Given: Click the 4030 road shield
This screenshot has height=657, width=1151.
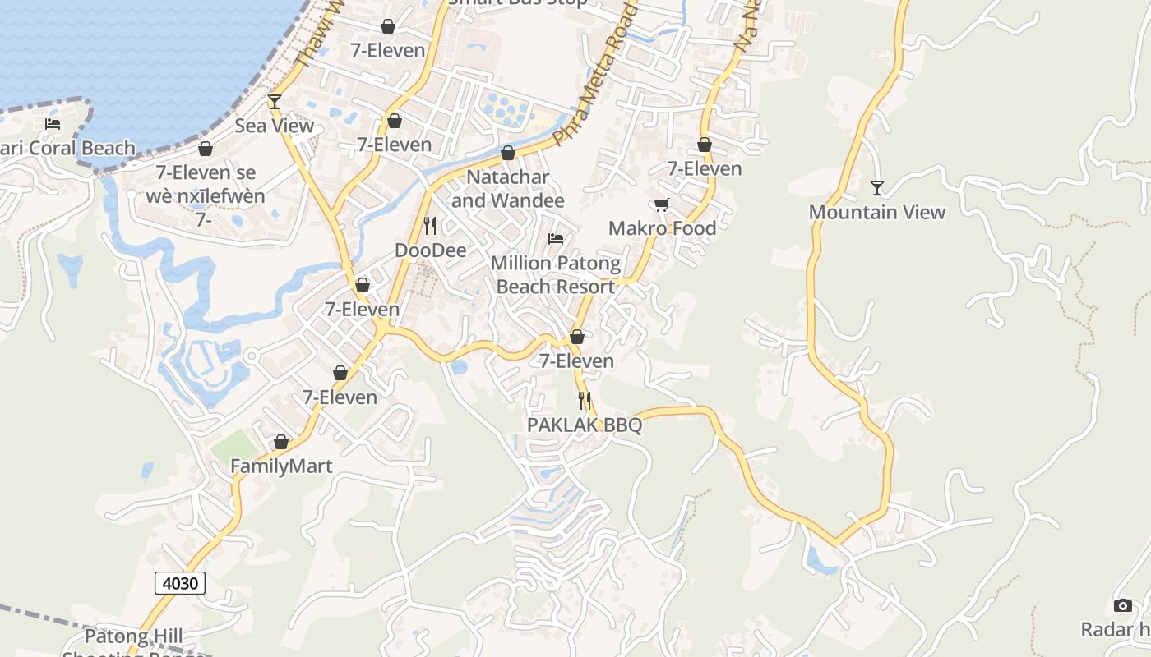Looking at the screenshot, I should click(180, 583).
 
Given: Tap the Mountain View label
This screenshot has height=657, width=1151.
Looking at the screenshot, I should click(877, 212).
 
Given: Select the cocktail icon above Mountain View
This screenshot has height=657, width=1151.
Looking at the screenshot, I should click(877, 188).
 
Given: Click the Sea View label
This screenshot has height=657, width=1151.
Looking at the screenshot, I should click(275, 126).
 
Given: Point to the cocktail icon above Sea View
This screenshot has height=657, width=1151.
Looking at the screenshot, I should click(275, 102).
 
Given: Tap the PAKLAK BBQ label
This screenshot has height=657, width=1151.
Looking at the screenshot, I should click(585, 425).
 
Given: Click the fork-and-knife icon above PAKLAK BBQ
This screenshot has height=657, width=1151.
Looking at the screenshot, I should click(585, 401).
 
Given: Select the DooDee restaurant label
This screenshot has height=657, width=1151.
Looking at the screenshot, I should click(431, 250).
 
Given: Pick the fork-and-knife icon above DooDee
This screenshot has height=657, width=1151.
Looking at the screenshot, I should click(430, 226).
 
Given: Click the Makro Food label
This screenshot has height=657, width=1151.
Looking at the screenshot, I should click(662, 228).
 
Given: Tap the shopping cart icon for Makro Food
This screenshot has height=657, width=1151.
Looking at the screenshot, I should click(662, 204).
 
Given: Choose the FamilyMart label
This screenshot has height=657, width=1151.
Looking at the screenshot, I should click(281, 466).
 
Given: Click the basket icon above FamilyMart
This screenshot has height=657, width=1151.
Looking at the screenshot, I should click(281, 443).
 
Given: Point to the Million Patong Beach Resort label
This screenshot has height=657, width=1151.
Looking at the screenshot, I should click(556, 274).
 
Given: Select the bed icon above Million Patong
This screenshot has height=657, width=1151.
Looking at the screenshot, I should click(556, 239).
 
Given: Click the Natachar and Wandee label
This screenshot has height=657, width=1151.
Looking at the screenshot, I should click(508, 189).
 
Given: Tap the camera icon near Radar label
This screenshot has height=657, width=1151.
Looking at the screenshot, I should click(1123, 606).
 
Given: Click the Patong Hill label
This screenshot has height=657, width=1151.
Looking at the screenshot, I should click(134, 636).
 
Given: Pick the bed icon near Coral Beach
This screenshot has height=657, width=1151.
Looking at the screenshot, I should click(53, 125).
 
